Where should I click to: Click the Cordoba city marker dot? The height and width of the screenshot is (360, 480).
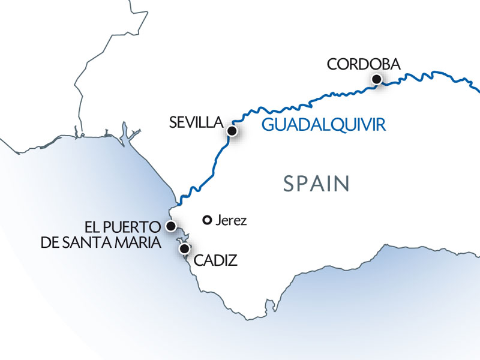[377, 79]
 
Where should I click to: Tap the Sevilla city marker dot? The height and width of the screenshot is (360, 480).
[232, 130]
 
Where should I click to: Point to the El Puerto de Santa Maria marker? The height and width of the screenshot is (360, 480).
[171, 226]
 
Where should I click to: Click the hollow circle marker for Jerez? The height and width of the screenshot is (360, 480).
[208, 220]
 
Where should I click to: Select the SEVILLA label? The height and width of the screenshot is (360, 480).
[196, 122]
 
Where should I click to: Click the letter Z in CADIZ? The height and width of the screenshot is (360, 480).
[233, 260]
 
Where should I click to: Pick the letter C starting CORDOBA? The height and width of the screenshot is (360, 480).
[331, 64]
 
